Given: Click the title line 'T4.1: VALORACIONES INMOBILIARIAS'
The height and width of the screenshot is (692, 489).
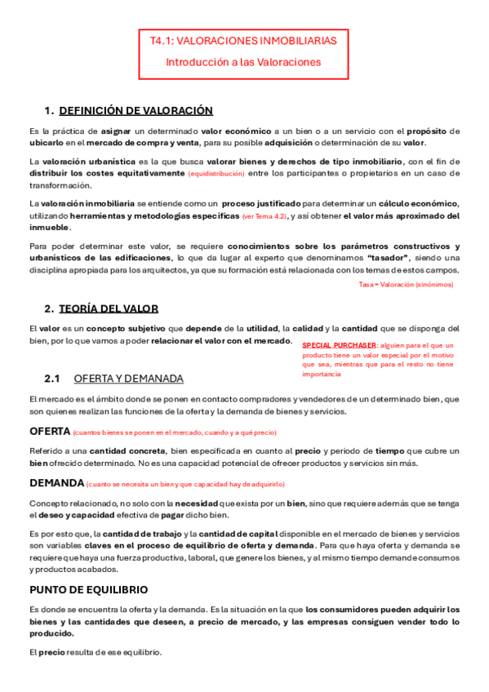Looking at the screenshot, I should pos(242,40).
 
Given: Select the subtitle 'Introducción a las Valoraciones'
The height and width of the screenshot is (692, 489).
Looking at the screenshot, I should pos(243,61).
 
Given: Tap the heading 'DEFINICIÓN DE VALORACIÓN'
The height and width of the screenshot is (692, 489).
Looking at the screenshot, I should pos(136,110).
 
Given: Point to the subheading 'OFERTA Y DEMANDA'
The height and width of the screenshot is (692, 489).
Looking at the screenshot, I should pos(128,379).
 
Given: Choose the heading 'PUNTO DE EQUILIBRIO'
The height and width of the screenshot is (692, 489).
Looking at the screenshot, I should pos(88,589).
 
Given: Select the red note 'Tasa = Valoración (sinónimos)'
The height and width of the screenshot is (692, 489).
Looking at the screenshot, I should pos(406,284).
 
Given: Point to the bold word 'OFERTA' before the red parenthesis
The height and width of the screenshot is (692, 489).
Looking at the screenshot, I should pos(49,431).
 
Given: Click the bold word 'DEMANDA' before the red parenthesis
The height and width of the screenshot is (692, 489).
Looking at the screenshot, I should pos(56,483).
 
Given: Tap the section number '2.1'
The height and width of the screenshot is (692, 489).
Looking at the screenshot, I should pos(52,379).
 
